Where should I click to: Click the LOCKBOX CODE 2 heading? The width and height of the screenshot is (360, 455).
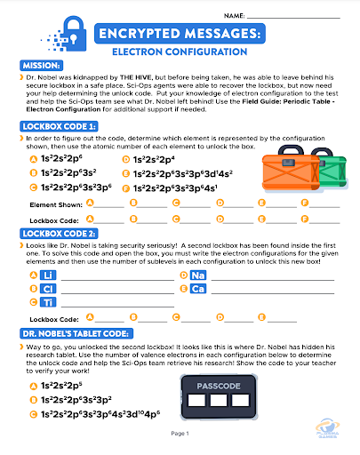pos(57,233)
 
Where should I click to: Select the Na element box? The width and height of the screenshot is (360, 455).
pos(197,275)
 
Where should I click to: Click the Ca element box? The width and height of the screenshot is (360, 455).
pos(197,290)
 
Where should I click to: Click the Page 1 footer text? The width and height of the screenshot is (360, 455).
pos(180,433)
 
